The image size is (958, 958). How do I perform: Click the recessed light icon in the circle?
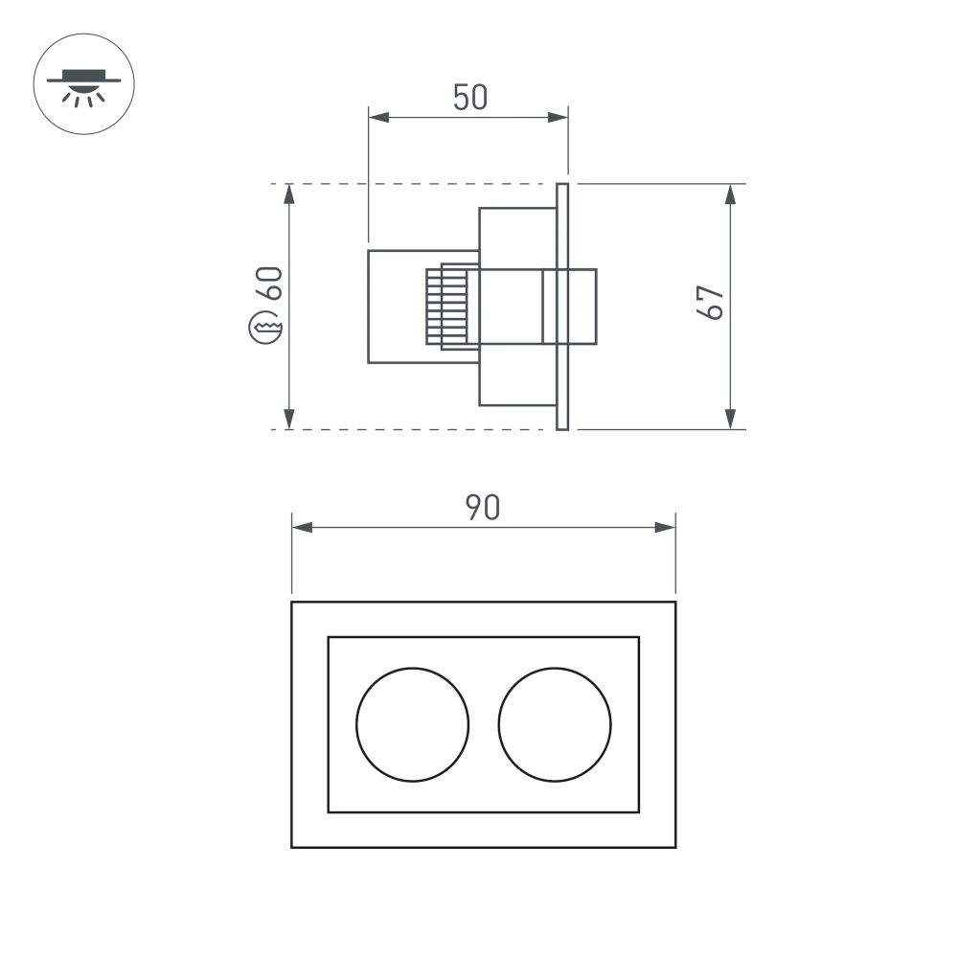pyautogui.click(x=83, y=85)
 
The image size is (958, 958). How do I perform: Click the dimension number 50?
pyautogui.click(x=470, y=98)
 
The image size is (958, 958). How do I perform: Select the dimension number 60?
pyautogui.click(x=268, y=285)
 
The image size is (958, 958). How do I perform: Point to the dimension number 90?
pyautogui.click(x=483, y=508)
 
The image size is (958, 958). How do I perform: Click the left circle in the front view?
pyautogui.click(x=413, y=722)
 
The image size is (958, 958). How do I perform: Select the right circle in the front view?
pyautogui.click(x=555, y=722)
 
